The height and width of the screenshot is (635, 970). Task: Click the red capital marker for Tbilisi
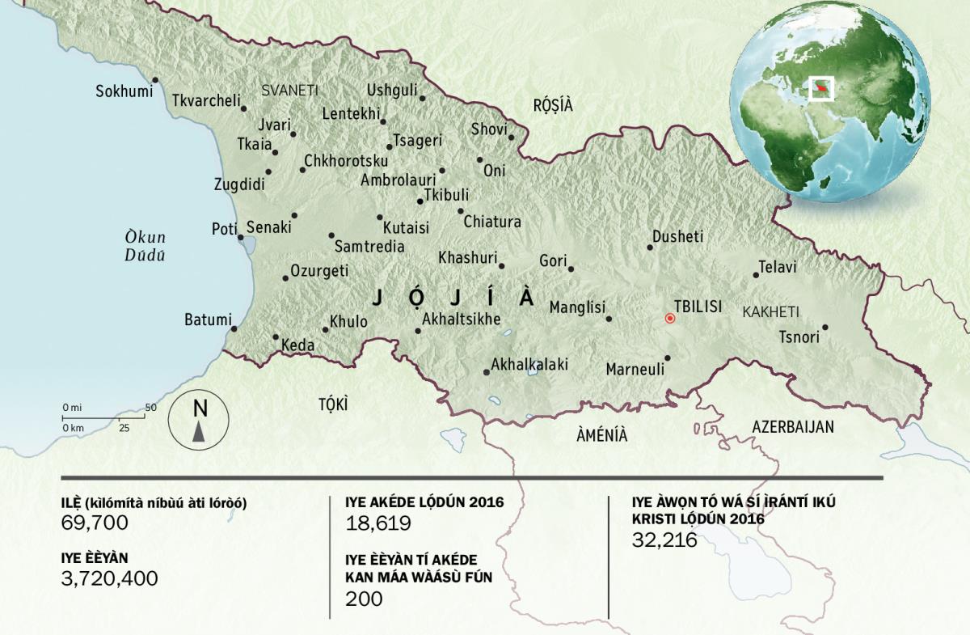pos(669,319)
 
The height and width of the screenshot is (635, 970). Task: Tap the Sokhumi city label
pos(124,91)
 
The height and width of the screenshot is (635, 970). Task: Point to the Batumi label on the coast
pos(208,320)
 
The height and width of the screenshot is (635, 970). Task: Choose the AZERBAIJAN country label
pos(792,427)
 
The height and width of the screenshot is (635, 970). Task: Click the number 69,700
pos(95,523)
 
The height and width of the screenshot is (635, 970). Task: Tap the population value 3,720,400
pos(109,578)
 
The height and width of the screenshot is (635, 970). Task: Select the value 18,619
pos(378,523)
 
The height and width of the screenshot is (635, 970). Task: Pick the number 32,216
pos(664,540)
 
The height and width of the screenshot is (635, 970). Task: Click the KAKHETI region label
pos(770,311)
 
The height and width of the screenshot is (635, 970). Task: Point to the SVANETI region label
pos(289,91)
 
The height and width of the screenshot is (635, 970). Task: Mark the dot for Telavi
pos(756,275)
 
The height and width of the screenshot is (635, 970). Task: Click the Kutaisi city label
pos(406,227)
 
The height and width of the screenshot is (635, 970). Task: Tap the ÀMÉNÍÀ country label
pos(601,434)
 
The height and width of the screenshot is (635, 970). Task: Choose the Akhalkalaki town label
pos(529,365)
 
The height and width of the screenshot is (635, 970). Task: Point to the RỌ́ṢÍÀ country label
pos(552,104)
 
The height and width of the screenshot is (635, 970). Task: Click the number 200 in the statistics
pos(364,599)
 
